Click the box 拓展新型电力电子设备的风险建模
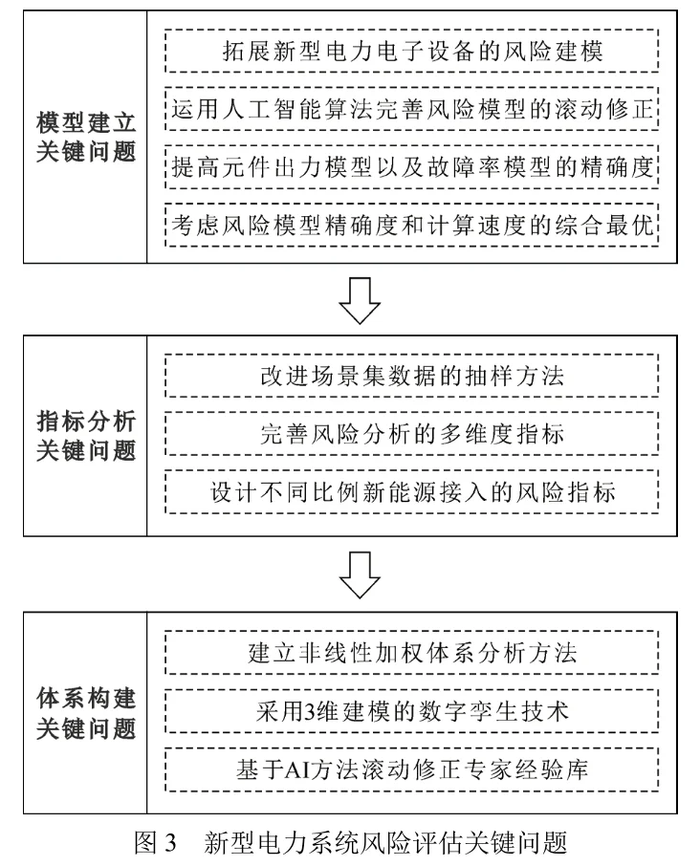pyautogui.click(x=412, y=49)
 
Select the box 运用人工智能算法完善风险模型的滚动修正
pyautogui.click(x=412, y=108)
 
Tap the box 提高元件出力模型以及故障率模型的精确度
pyautogui.click(x=412, y=167)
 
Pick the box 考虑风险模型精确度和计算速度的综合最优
pyautogui.click(x=412, y=226)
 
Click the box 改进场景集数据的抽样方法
pyautogui.click(x=412, y=376)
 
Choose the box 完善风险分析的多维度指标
pyautogui.click(x=412, y=434)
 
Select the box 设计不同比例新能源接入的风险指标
pyautogui.click(x=412, y=493)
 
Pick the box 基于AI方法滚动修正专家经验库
pyautogui.click(x=412, y=769)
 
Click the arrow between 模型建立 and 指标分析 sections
pyautogui.click(x=361, y=297)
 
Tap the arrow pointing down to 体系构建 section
pyautogui.click(x=361, y=574)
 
